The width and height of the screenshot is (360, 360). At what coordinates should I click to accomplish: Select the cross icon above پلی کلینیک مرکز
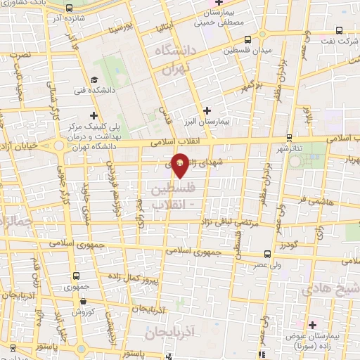pos(94,115)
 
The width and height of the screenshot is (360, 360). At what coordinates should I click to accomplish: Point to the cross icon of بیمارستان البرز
pos(207,110)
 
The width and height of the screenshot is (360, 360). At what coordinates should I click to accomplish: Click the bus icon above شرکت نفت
pos(340,30)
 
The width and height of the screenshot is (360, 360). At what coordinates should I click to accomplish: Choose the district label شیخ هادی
pos(328,289)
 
